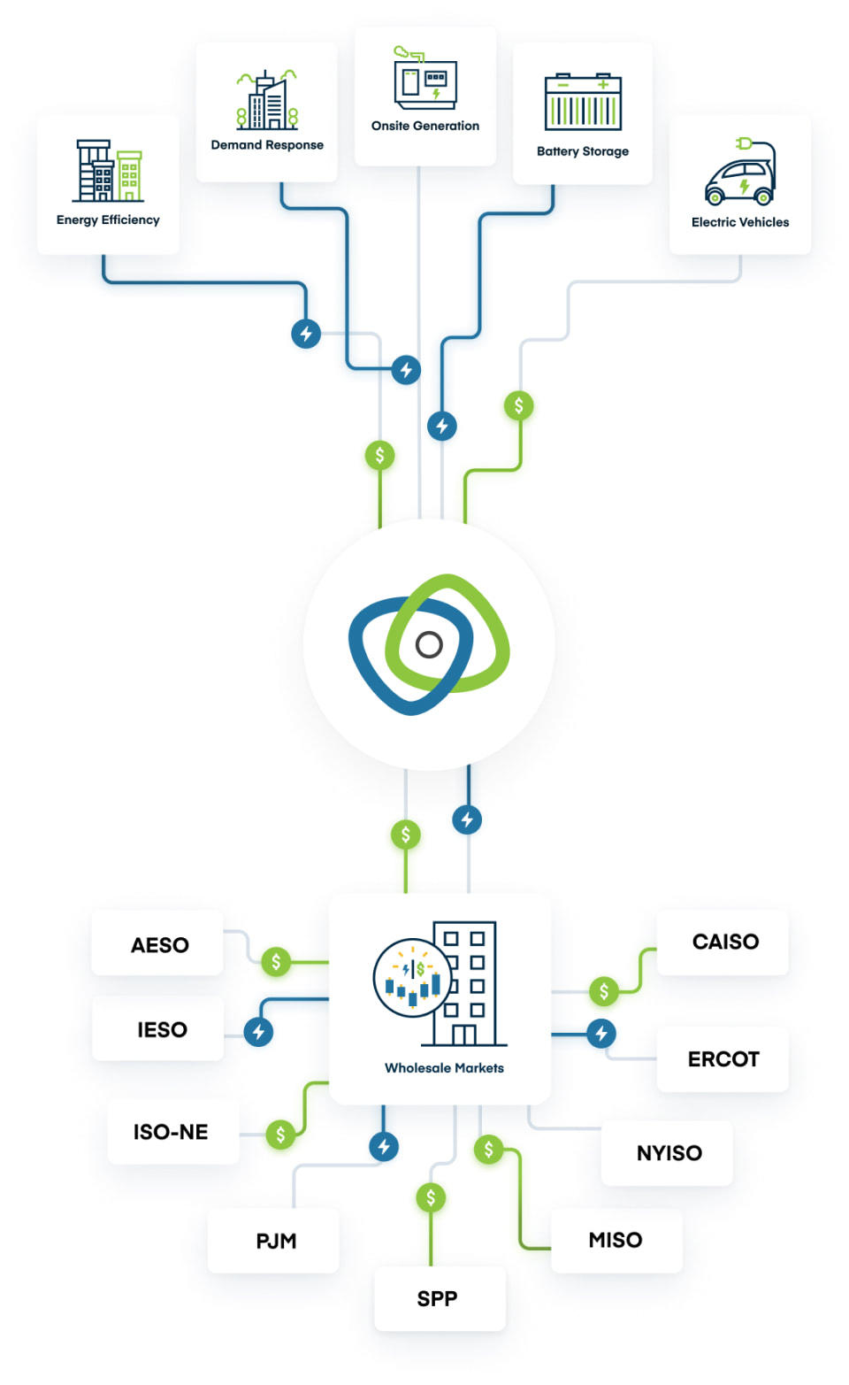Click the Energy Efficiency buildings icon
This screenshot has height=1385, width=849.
coord(108,171)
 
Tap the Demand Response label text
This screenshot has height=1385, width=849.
coord(267,145)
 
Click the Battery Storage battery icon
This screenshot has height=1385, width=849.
coord(583,103)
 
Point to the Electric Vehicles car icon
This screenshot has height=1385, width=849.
coord(741,173)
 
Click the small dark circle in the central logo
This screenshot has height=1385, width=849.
coord(429,644)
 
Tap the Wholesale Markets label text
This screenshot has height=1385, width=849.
coord(444,1068)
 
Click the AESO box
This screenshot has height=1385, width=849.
coord(158,944)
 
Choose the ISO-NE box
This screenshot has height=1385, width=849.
coord(172,1132)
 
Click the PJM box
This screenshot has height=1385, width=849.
coord(274,1241)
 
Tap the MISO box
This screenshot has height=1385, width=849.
coord(616,1240)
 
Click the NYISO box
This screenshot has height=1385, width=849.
coord(668,1153)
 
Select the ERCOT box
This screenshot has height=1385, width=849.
coord(723,1059)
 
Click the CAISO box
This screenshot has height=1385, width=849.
coord(723,942)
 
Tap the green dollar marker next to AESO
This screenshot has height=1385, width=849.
coord(276,961)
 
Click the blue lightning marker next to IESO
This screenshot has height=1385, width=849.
coord(258,1031)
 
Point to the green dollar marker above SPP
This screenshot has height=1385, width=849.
coord(431,1198)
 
